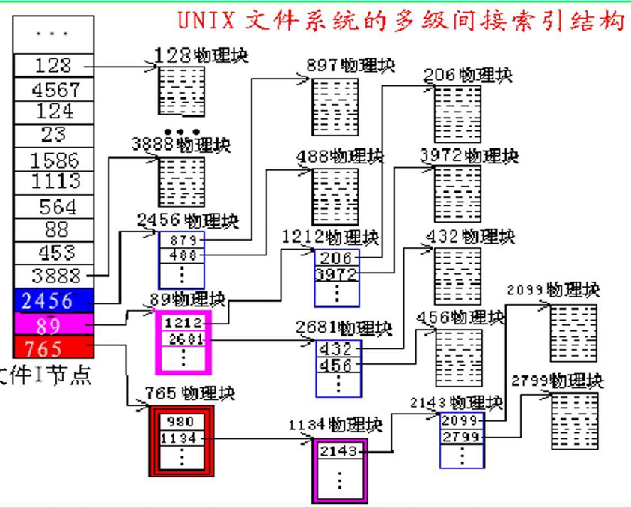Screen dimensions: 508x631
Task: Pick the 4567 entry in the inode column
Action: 55,90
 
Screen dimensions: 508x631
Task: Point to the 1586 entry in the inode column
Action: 55,160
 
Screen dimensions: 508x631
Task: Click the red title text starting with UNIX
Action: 400,19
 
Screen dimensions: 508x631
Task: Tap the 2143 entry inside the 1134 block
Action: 339,451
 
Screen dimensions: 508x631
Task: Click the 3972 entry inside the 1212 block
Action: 336,274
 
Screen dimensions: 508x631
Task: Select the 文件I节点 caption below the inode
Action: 45,374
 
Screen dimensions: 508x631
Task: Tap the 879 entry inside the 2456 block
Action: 183,241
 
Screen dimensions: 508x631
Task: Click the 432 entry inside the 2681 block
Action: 338,350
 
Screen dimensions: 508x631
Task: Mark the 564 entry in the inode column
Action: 55,207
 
